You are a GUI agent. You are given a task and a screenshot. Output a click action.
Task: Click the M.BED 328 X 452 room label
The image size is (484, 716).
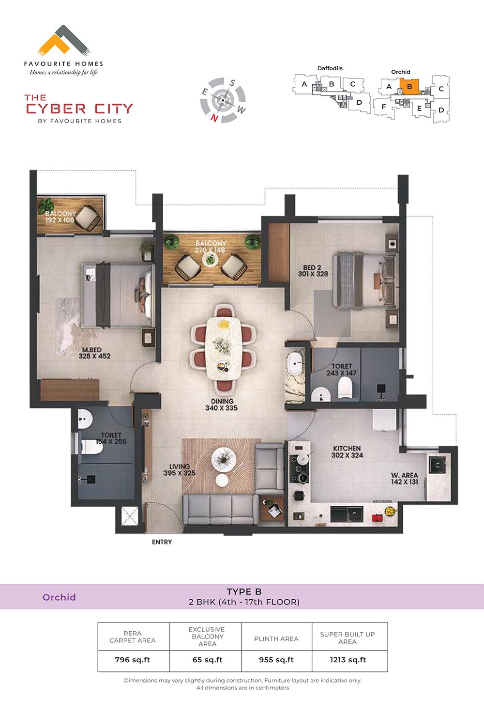coord(94,353)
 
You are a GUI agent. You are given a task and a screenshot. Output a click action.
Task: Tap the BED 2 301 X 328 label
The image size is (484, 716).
coord(313,270)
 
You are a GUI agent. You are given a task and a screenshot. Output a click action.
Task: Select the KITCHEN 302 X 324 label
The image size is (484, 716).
coord(347,451)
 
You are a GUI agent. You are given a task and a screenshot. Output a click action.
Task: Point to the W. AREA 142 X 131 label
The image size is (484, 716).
coord(405,479)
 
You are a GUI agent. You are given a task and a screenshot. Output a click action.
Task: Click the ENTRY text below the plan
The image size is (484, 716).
coord(162,542)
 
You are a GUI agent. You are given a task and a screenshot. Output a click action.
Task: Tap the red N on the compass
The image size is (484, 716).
coord(214,118)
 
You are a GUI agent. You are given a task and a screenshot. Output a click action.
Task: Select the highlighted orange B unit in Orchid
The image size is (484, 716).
coord(410,87)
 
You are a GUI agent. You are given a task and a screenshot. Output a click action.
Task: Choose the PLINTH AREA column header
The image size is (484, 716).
coord(276,639)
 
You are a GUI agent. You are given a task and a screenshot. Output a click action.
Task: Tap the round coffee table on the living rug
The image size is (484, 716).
coord(224,460)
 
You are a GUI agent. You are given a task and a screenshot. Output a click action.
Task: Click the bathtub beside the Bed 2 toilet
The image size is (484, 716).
coord(295,364)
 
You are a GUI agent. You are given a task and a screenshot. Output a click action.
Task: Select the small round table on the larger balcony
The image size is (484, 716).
coord(210,259)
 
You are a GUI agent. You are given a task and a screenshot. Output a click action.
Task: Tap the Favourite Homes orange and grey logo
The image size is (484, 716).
coord(64,41)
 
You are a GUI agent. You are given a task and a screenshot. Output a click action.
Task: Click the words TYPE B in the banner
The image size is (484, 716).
coord(244,591)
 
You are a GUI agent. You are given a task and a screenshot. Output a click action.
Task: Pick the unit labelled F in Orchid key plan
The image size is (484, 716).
coord(384,107)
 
